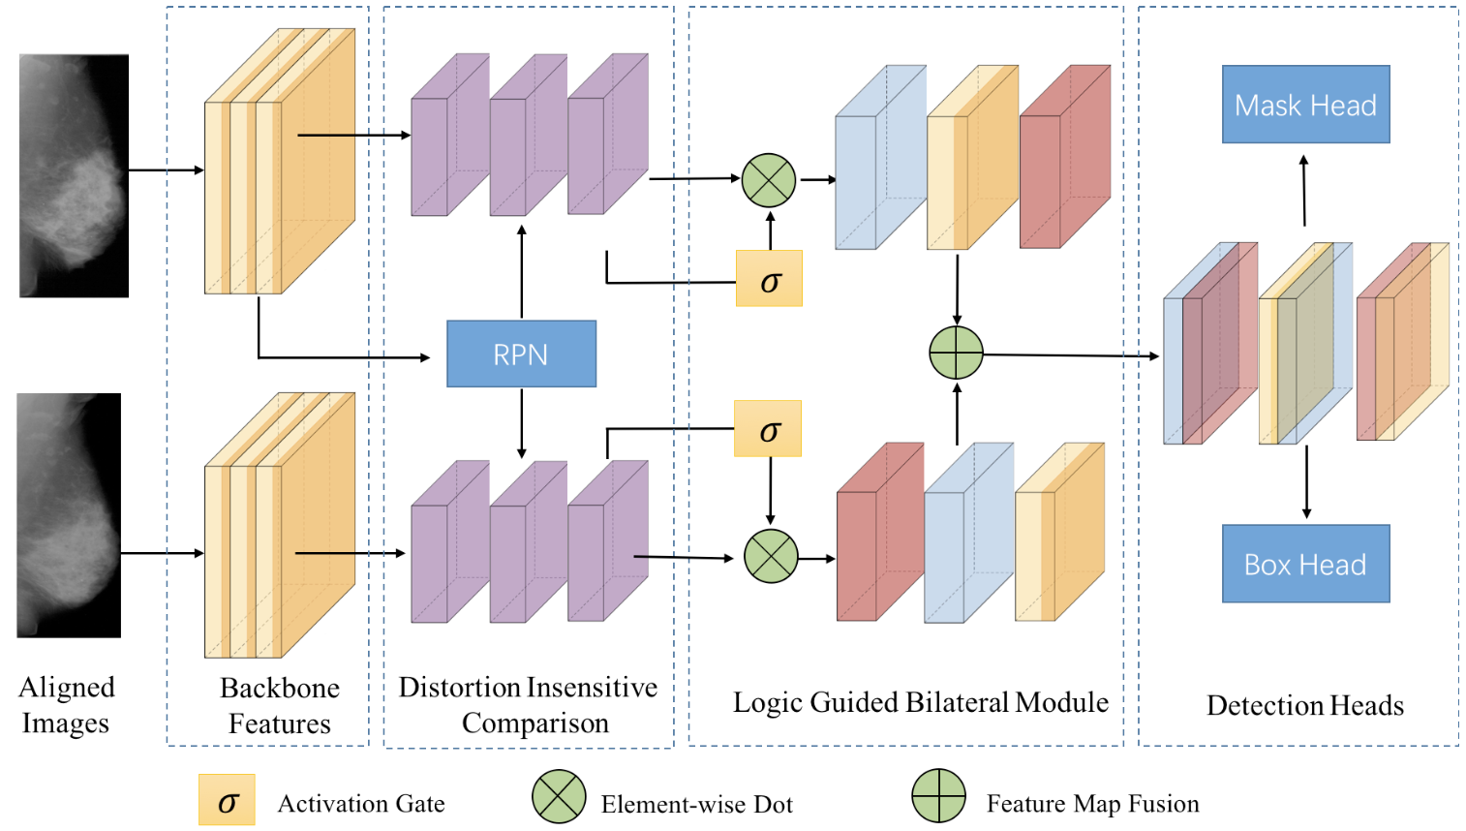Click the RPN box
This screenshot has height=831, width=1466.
pos(521,354)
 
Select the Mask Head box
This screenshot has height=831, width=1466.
pos(1305,105)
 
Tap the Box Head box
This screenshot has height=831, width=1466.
pos(1305,564)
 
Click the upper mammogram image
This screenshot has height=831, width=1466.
pos(74,175)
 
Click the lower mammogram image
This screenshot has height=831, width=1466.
pos(69,515)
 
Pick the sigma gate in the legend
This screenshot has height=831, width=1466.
pos(227,800)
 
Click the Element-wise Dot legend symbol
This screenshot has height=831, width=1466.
pos(559,797)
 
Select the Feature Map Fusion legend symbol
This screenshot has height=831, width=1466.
pos(938,796)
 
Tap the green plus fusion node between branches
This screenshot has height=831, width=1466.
pos(956,353)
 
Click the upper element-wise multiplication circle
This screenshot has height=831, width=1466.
pos(769,180)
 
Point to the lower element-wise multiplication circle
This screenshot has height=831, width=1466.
pos(771,556)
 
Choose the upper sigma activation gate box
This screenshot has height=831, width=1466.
pos(769,279)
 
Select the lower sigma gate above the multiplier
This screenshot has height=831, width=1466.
pos(768,428)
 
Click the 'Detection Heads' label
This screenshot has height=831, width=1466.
pos(1304,705)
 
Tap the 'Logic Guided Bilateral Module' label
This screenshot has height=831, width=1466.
pos(920,702)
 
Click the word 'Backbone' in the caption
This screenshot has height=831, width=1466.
pos(279,688)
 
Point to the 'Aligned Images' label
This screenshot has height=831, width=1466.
pos(66,705)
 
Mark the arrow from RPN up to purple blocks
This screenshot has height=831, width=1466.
pos(522,272)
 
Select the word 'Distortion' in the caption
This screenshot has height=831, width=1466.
pos(458,687)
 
